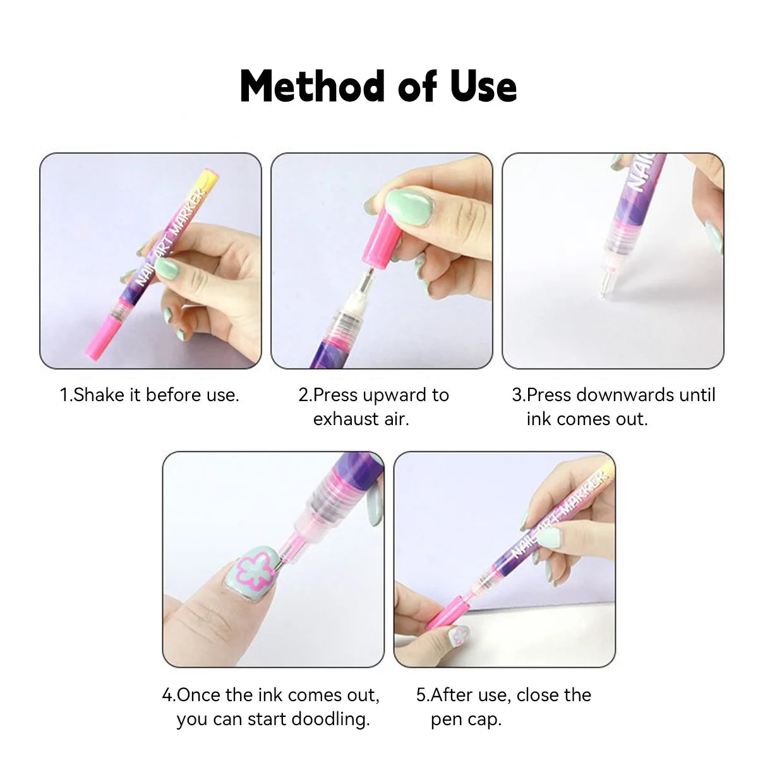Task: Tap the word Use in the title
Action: click(x=483, y=87)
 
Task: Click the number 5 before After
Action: click(x=421, y=695)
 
